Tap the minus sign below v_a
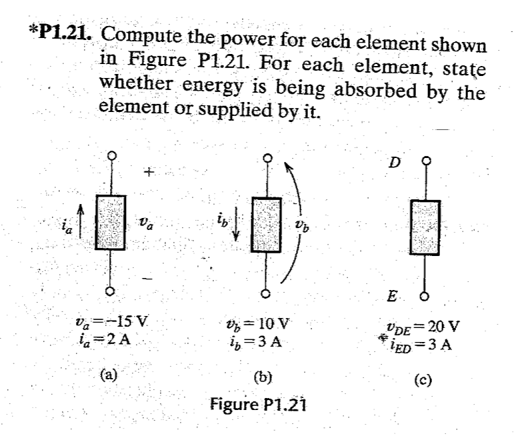150,275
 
